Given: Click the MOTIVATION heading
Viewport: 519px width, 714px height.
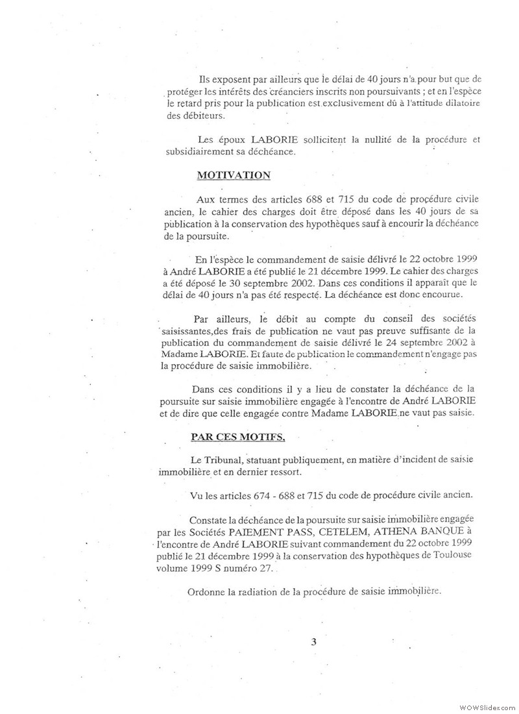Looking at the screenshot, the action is [233, 175].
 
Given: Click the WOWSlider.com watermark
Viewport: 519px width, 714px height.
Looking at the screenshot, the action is [487, 706].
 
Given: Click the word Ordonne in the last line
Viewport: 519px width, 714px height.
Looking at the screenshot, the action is [206, 591].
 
